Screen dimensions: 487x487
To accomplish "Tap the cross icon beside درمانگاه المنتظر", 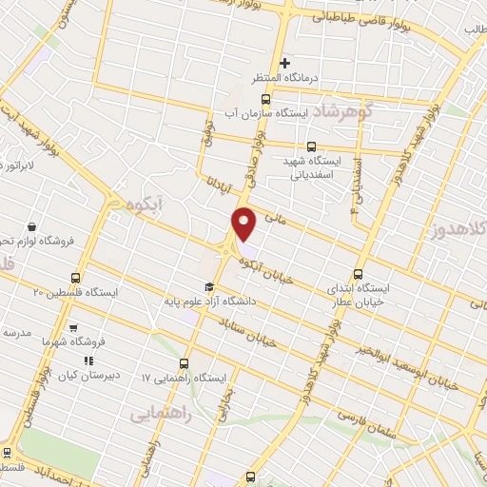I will (283, 63).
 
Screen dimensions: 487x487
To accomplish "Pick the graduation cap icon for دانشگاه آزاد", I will (209, 286).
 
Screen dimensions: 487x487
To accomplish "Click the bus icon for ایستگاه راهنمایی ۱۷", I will (184, 362).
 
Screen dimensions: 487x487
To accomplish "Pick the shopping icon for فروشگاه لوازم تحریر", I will (34, 228).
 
